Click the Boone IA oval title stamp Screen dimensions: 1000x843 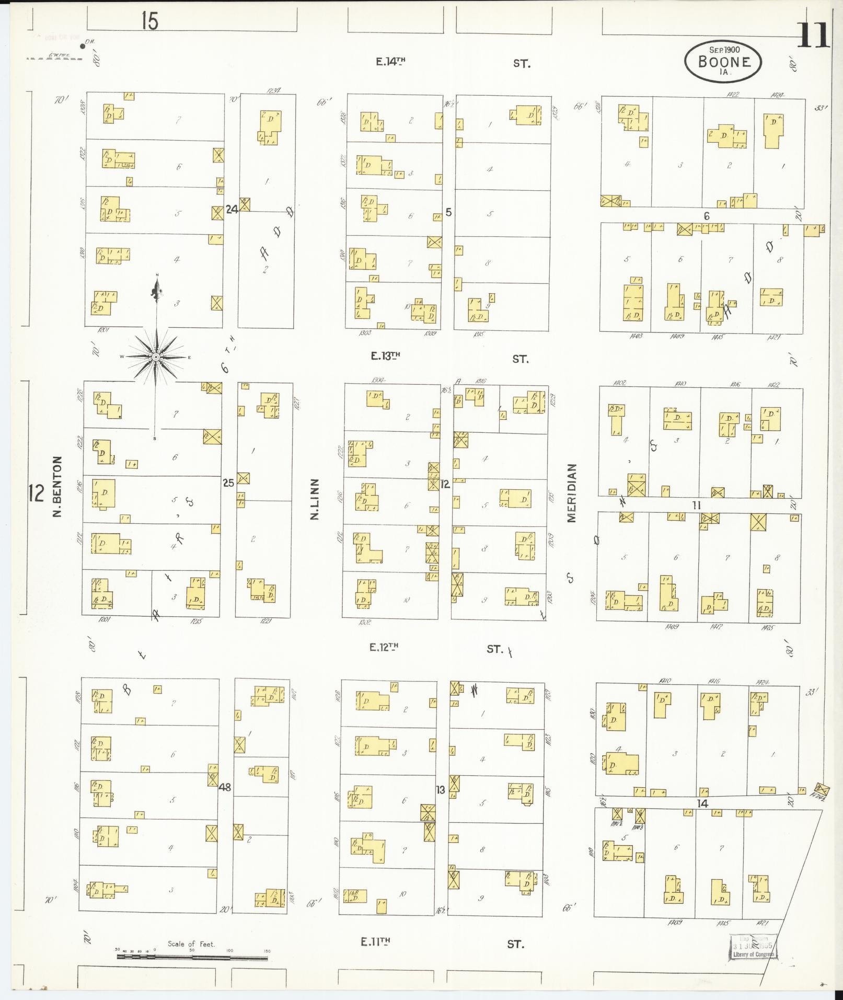(x=723, y=61)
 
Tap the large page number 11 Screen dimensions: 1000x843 (x=813, y=36)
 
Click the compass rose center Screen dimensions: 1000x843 (x=156, y=357)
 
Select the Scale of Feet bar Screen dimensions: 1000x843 (x=192, y=957)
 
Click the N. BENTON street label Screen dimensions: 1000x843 (x=57, y=487)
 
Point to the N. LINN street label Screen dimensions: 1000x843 (x=315, y=499)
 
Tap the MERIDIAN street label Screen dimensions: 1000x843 (x=571, y=492)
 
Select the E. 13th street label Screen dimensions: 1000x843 (x=386, y=356)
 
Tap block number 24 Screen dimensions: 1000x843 (x=232, y=210)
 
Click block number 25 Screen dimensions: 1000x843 (x=228, y=483)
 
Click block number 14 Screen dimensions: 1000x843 (x=703, y=803)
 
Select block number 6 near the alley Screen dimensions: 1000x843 (x=707, y=216)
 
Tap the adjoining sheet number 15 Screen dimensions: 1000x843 (x=149, y=21)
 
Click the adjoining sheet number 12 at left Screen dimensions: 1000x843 (x=36, y=493)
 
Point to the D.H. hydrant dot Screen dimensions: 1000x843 (x=83, y=47)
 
